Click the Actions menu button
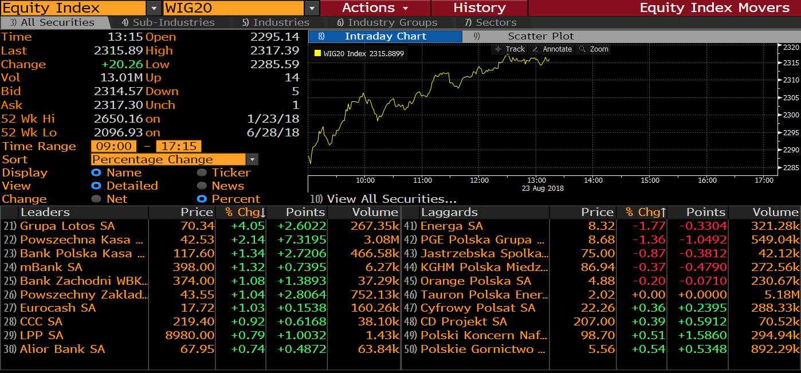[375, 8]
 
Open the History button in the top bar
[479, 8]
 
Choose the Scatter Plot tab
[540, 36]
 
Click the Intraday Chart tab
[385, 36]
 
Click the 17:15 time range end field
[178, 146]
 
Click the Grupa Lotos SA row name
[67, 226]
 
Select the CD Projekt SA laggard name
[463, 321]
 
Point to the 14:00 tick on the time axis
[593, 180]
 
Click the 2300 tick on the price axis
[791, 115]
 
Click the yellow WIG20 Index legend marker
[317, 53]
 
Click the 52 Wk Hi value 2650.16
[118, 119]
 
